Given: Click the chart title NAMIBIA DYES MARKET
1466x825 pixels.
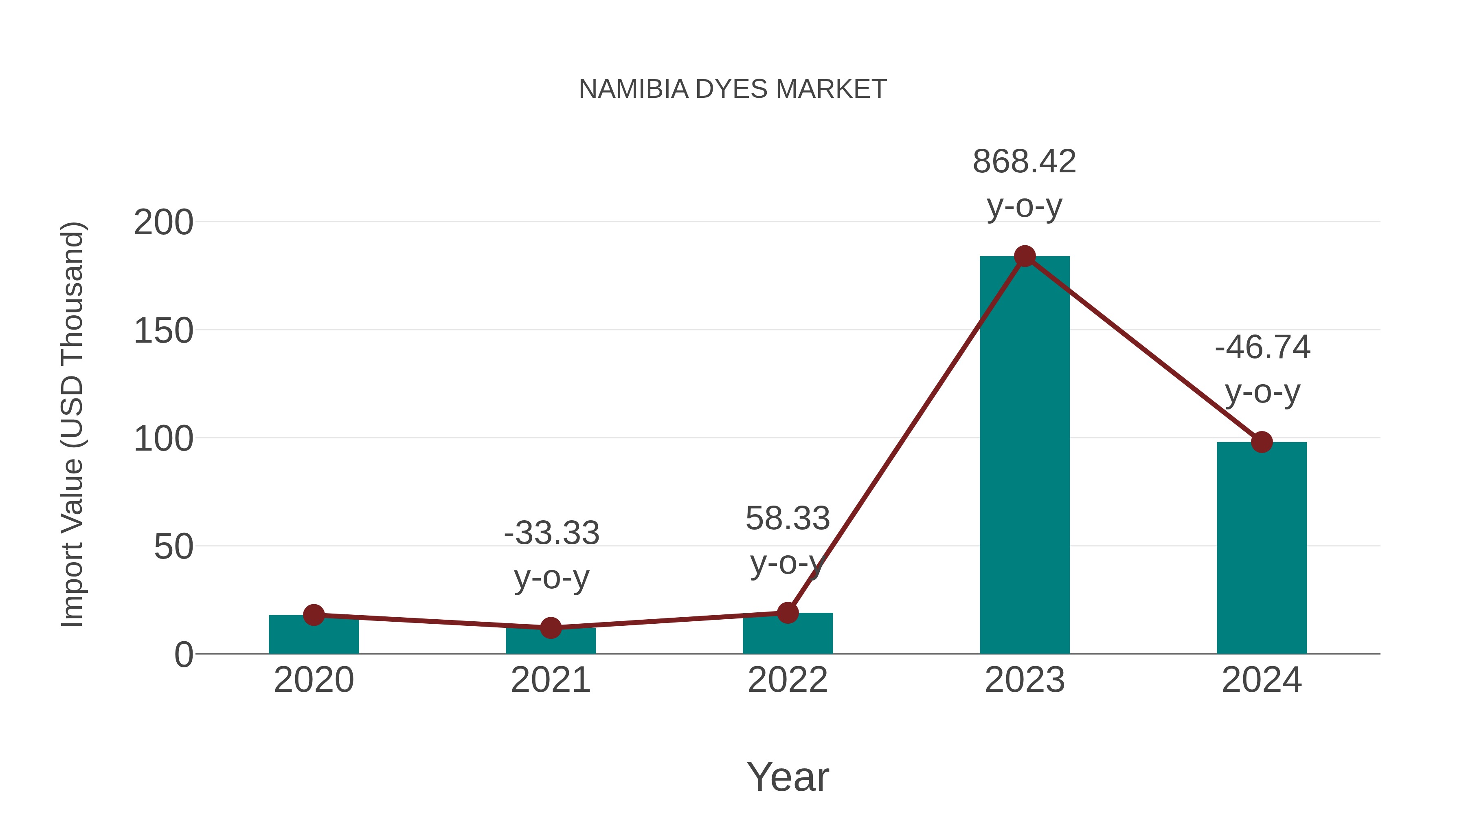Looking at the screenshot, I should click(x=733, y=89).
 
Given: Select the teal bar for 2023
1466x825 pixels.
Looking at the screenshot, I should click(x=1025, y=455).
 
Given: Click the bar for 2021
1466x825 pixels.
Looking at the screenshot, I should click(x=550, y=642).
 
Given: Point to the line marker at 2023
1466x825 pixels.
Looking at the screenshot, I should click(x=1025, y=256).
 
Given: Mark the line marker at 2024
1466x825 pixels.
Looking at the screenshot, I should click(x=1262, y=442).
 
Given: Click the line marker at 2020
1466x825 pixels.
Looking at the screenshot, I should click(x=314, y=615).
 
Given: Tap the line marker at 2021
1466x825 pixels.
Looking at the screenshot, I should click(x=550, y=628).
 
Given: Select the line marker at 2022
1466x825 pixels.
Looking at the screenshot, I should click(x=788, y=613).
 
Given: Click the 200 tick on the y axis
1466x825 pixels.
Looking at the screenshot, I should click(x=163, y=222).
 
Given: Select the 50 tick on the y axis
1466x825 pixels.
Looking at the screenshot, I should click(x=173, y=547).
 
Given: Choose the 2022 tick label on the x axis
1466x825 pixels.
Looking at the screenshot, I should click(x=788, y=680).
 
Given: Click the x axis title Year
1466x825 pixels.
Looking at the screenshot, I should click(x=788, y=777).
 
